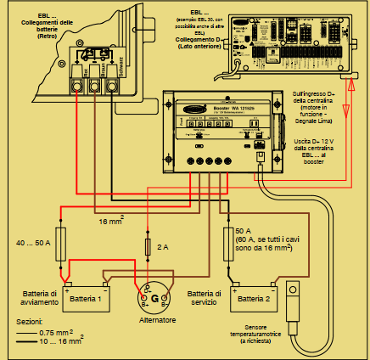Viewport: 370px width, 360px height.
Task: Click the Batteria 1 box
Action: (86, 299)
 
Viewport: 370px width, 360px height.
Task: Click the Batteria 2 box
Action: (253, 299)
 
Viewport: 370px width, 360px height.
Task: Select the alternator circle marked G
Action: (155, 298)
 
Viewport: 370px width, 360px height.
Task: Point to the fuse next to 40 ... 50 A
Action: (60, 242)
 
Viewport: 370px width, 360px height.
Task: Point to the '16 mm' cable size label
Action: (109, 222)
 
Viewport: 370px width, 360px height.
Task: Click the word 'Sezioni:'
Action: (29, 323)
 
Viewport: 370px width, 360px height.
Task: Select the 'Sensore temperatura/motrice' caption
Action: (303, 334)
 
